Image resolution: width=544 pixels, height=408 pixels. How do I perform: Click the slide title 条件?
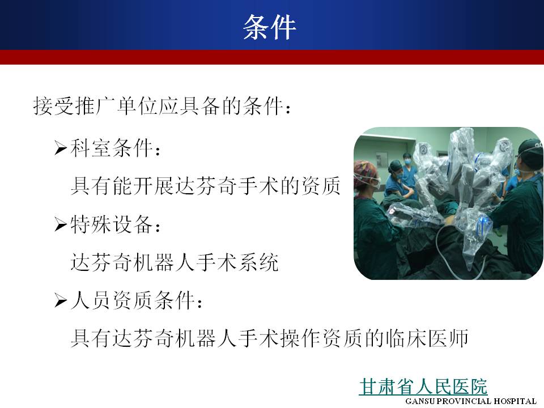click(270, 27)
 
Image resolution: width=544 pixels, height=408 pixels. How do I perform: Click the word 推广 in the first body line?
click(86, 105)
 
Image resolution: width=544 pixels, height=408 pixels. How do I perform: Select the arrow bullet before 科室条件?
click(61, 148)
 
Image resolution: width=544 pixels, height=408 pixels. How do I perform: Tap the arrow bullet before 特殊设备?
click(61, 224)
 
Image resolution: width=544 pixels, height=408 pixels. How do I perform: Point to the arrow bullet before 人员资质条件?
click(61, 300)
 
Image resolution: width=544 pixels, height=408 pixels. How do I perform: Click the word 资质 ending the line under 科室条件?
click(321, 186)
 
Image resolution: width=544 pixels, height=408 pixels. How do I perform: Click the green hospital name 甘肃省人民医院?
click(423, 386)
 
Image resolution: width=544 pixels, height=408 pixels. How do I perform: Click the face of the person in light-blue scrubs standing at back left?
click(407, 160)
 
